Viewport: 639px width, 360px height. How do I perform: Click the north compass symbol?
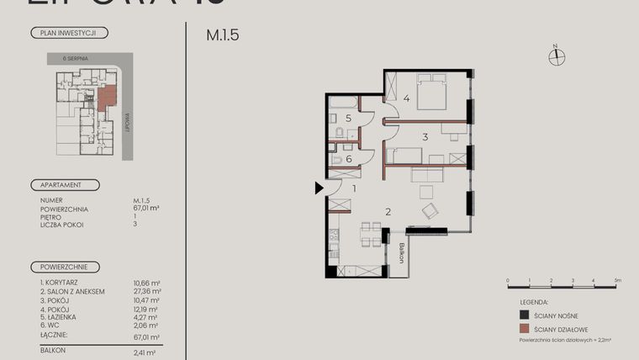(x=556, y=56)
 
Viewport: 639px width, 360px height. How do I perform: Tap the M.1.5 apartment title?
(x=222, y=36)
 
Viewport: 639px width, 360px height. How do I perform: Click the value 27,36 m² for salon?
(x=146, y=292)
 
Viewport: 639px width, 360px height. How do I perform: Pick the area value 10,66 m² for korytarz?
(x=146, y=283)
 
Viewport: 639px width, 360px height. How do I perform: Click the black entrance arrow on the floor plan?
(x=319, y=188)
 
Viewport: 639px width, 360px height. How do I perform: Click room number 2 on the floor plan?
(x=388, y=212)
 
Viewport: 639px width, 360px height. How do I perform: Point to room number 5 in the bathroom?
(x=348, y=119)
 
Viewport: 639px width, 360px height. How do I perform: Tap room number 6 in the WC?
(x=348, y=158)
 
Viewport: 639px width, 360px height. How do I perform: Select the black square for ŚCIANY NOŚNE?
(x=525, y=315)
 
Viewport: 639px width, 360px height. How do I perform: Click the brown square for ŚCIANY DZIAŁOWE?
(x=525, y=330)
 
